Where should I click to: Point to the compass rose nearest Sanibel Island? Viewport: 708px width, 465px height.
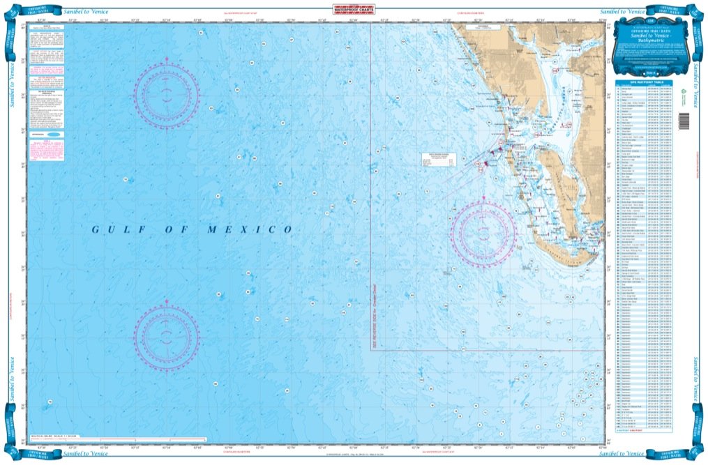click(483, 234)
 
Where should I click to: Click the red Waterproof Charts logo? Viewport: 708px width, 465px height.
click(354, 10)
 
